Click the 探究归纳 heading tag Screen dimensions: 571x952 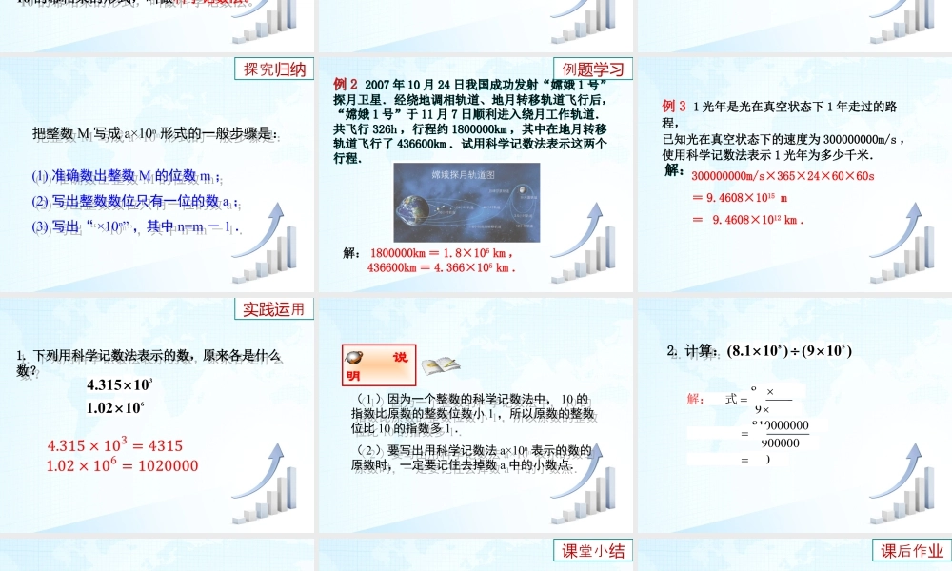coord(274,69)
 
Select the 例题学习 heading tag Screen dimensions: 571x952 coord(592,69)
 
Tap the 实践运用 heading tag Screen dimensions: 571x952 coord(274,309)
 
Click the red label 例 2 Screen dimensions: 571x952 coord(345,83)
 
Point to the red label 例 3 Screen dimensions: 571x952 coord(674,107)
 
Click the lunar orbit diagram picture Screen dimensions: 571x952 coord(466,203)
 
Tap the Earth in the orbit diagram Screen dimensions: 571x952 coord(416,210)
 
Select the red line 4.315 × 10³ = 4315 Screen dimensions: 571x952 coord(114,445)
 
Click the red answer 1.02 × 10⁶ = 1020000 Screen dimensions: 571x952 coord(122,465)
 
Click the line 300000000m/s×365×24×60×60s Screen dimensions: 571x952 coord(783,176)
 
